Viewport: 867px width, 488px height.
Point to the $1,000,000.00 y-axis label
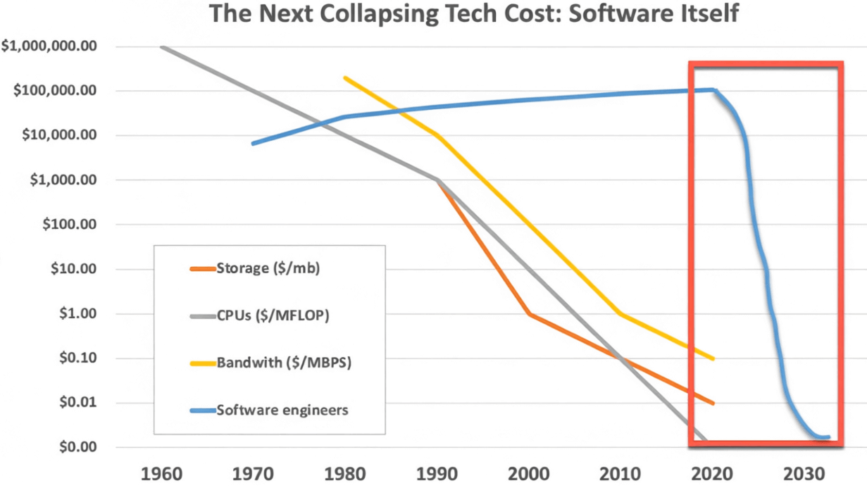(x=59, y=46)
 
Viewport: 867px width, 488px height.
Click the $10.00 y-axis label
(x=84, y=269)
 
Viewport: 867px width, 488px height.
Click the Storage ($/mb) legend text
(x=268, y=268)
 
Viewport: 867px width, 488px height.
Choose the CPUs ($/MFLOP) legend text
(x=273, y=315)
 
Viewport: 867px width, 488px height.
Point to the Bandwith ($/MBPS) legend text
(x=284, y=363)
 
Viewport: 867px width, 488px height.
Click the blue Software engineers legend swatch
(x=203, y=411)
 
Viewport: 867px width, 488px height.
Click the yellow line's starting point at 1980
(x=345, y=77)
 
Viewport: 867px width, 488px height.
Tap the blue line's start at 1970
(x=254, y=144)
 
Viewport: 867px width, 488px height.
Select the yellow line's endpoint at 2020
(x=713, y=358)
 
